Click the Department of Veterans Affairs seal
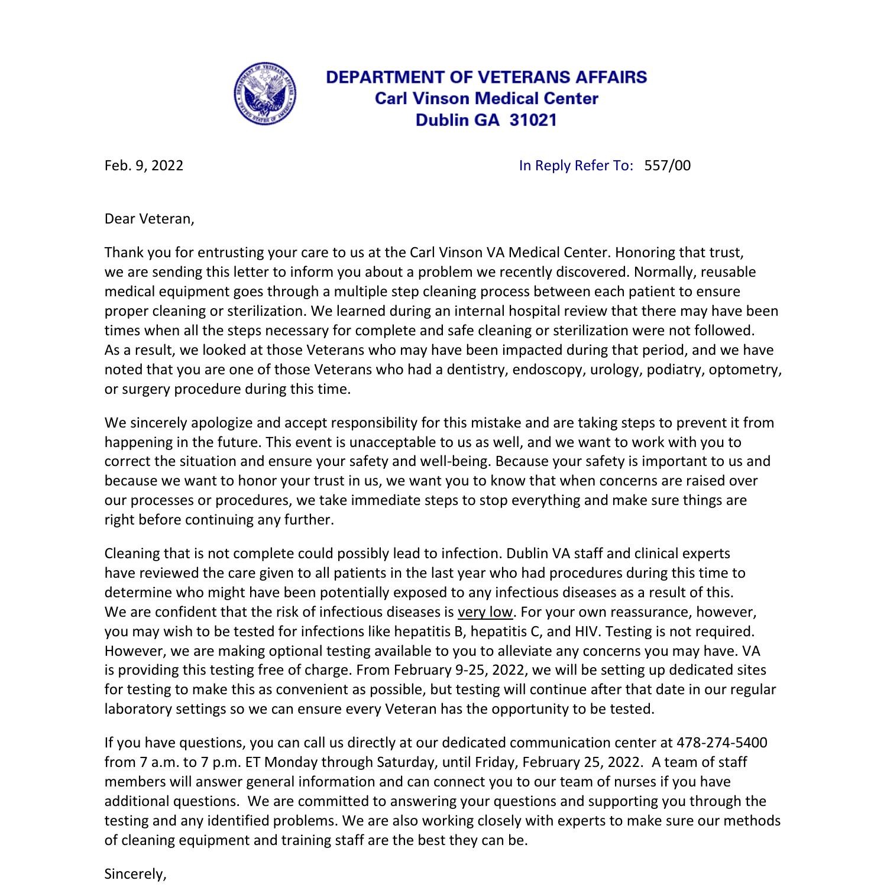(x=264, y=93)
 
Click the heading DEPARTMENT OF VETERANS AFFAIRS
(x=486, y=77)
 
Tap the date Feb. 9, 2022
(x=144, y=165)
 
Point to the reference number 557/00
(x=667, y=165)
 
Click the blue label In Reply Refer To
(x=576, y=165)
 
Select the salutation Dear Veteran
(x=149, y=219)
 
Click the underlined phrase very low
(x=485, y=611)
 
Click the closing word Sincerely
(x=135, y=874)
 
